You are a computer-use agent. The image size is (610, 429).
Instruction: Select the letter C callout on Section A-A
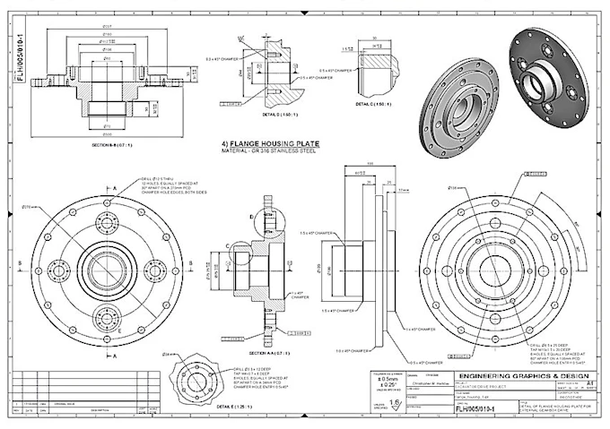(x=228, y=245)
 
